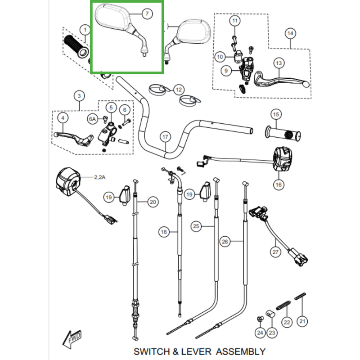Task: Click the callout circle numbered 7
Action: point(146,14)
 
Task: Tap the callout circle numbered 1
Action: point(85,30)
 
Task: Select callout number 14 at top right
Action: point(290,33)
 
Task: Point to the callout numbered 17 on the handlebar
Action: point(165,137)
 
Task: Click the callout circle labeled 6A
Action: point(92,119)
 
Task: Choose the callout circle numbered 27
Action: point(275,252)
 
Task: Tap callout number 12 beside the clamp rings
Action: point(178,89)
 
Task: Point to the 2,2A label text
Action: point(99,177)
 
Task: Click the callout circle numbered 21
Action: point(302,321)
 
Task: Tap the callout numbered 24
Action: point(260,333)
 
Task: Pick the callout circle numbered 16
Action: point(278,184)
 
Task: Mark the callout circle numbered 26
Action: point(225,242)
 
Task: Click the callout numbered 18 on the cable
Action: point(163,232)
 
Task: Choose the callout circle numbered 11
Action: point(234,21)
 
